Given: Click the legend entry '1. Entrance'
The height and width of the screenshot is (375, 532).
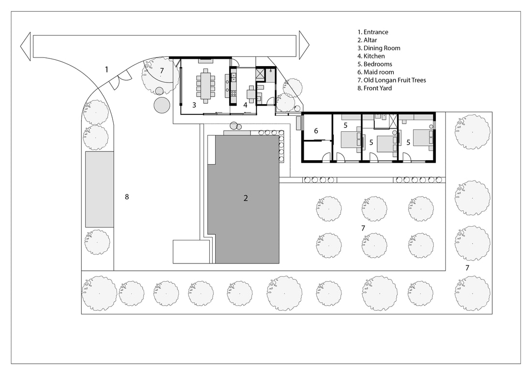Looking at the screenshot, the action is (372, 32).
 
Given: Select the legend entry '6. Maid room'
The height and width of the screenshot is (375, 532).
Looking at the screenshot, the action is (376, 72).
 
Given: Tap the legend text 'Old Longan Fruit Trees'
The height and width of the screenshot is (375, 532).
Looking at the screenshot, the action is (395, 80).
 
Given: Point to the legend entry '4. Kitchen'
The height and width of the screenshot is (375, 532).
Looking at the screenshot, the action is (371, 56).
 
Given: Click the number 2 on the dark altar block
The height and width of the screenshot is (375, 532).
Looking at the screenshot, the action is (246, 198).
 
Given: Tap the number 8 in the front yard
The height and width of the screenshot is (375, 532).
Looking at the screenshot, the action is (127, 196).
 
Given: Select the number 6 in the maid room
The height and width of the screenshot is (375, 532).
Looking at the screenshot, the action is (316, 131).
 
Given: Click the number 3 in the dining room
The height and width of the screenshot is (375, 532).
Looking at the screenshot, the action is (194, 105).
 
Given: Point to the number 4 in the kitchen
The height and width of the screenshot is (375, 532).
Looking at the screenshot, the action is (245, 105).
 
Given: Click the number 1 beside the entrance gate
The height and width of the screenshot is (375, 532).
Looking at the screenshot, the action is (106, 69).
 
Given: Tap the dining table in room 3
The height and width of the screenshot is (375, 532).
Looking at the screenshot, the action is (205, 85).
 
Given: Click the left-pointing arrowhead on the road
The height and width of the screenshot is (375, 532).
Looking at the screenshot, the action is (26, 46).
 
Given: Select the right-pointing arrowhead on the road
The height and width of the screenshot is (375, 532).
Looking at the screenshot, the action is (304, 45).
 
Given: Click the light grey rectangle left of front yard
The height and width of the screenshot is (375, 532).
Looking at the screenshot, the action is (100, 189).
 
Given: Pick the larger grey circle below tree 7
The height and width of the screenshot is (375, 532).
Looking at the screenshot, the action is (162, 105).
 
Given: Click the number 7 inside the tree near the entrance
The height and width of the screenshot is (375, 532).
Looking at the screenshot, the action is (162, 71).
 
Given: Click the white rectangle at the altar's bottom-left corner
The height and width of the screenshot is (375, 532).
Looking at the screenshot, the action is (191, 251).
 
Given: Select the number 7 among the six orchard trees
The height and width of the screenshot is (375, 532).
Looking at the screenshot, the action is (363, 228).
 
